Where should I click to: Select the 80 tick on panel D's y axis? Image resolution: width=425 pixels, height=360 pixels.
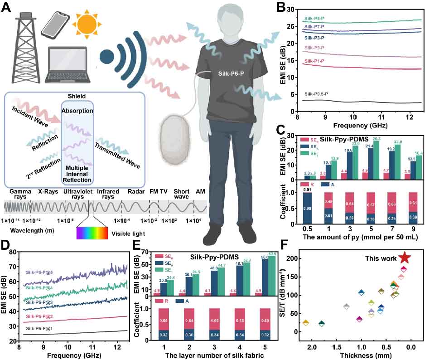point(14,252)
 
